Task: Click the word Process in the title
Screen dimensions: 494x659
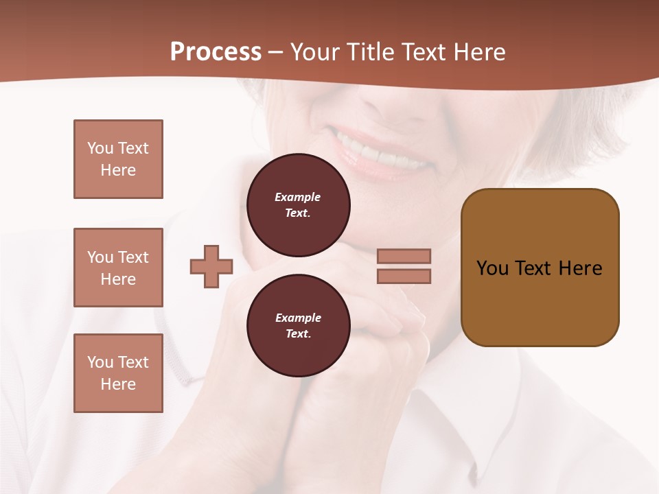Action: point(216,51)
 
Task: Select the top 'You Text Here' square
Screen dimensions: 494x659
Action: point(118,159)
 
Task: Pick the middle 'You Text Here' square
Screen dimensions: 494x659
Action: point(118,268)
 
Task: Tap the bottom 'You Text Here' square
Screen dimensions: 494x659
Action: point(118,373)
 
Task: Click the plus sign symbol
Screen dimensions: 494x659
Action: point(211,266)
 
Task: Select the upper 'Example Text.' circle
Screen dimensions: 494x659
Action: point(298,204)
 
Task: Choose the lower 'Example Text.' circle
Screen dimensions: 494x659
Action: point(298,325)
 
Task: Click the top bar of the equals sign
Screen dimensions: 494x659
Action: point(404,256)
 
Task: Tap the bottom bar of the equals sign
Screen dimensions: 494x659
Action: point(404,276)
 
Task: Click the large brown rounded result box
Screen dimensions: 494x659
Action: point(540,268)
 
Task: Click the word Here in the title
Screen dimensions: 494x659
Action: point(478,51)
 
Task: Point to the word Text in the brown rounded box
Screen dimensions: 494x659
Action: point(533,268)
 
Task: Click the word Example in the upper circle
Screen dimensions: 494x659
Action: point(298,197)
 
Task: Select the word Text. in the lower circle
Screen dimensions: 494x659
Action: point(298,333)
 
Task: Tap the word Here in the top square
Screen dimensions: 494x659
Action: point(118,170)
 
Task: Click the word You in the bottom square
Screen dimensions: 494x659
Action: point(100,362)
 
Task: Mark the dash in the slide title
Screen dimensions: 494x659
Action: point(276,51)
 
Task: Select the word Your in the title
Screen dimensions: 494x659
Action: point(316,51)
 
